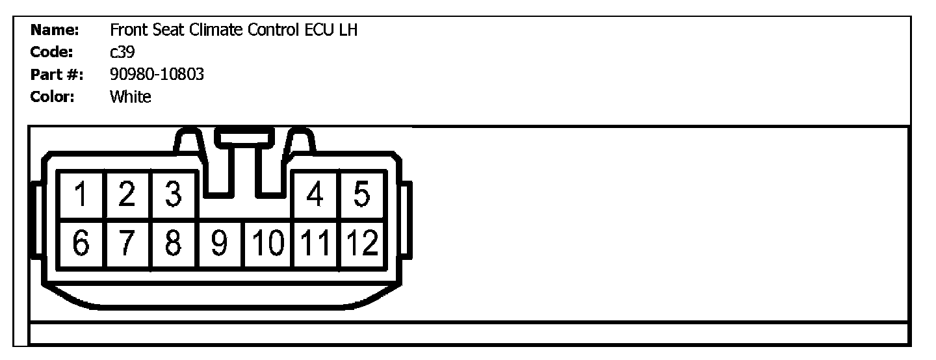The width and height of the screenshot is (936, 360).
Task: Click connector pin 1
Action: coord(81,195)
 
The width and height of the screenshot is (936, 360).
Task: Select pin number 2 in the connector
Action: coord(127,195)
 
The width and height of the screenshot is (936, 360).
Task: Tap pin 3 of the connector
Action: coord(173,195)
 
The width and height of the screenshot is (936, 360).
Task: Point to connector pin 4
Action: coord(315,195)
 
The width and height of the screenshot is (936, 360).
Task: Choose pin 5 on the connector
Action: coord(363,195)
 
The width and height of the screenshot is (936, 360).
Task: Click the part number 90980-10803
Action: coord(157,75)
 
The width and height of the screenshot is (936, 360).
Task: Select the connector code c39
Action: coord(122,53)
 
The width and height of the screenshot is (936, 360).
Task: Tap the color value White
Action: coord(130,97)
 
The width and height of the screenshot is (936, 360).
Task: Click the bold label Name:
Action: coord(55,31)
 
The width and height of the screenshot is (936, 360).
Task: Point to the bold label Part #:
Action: coord(57,75)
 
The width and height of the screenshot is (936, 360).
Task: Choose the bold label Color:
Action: coord(53,97)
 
